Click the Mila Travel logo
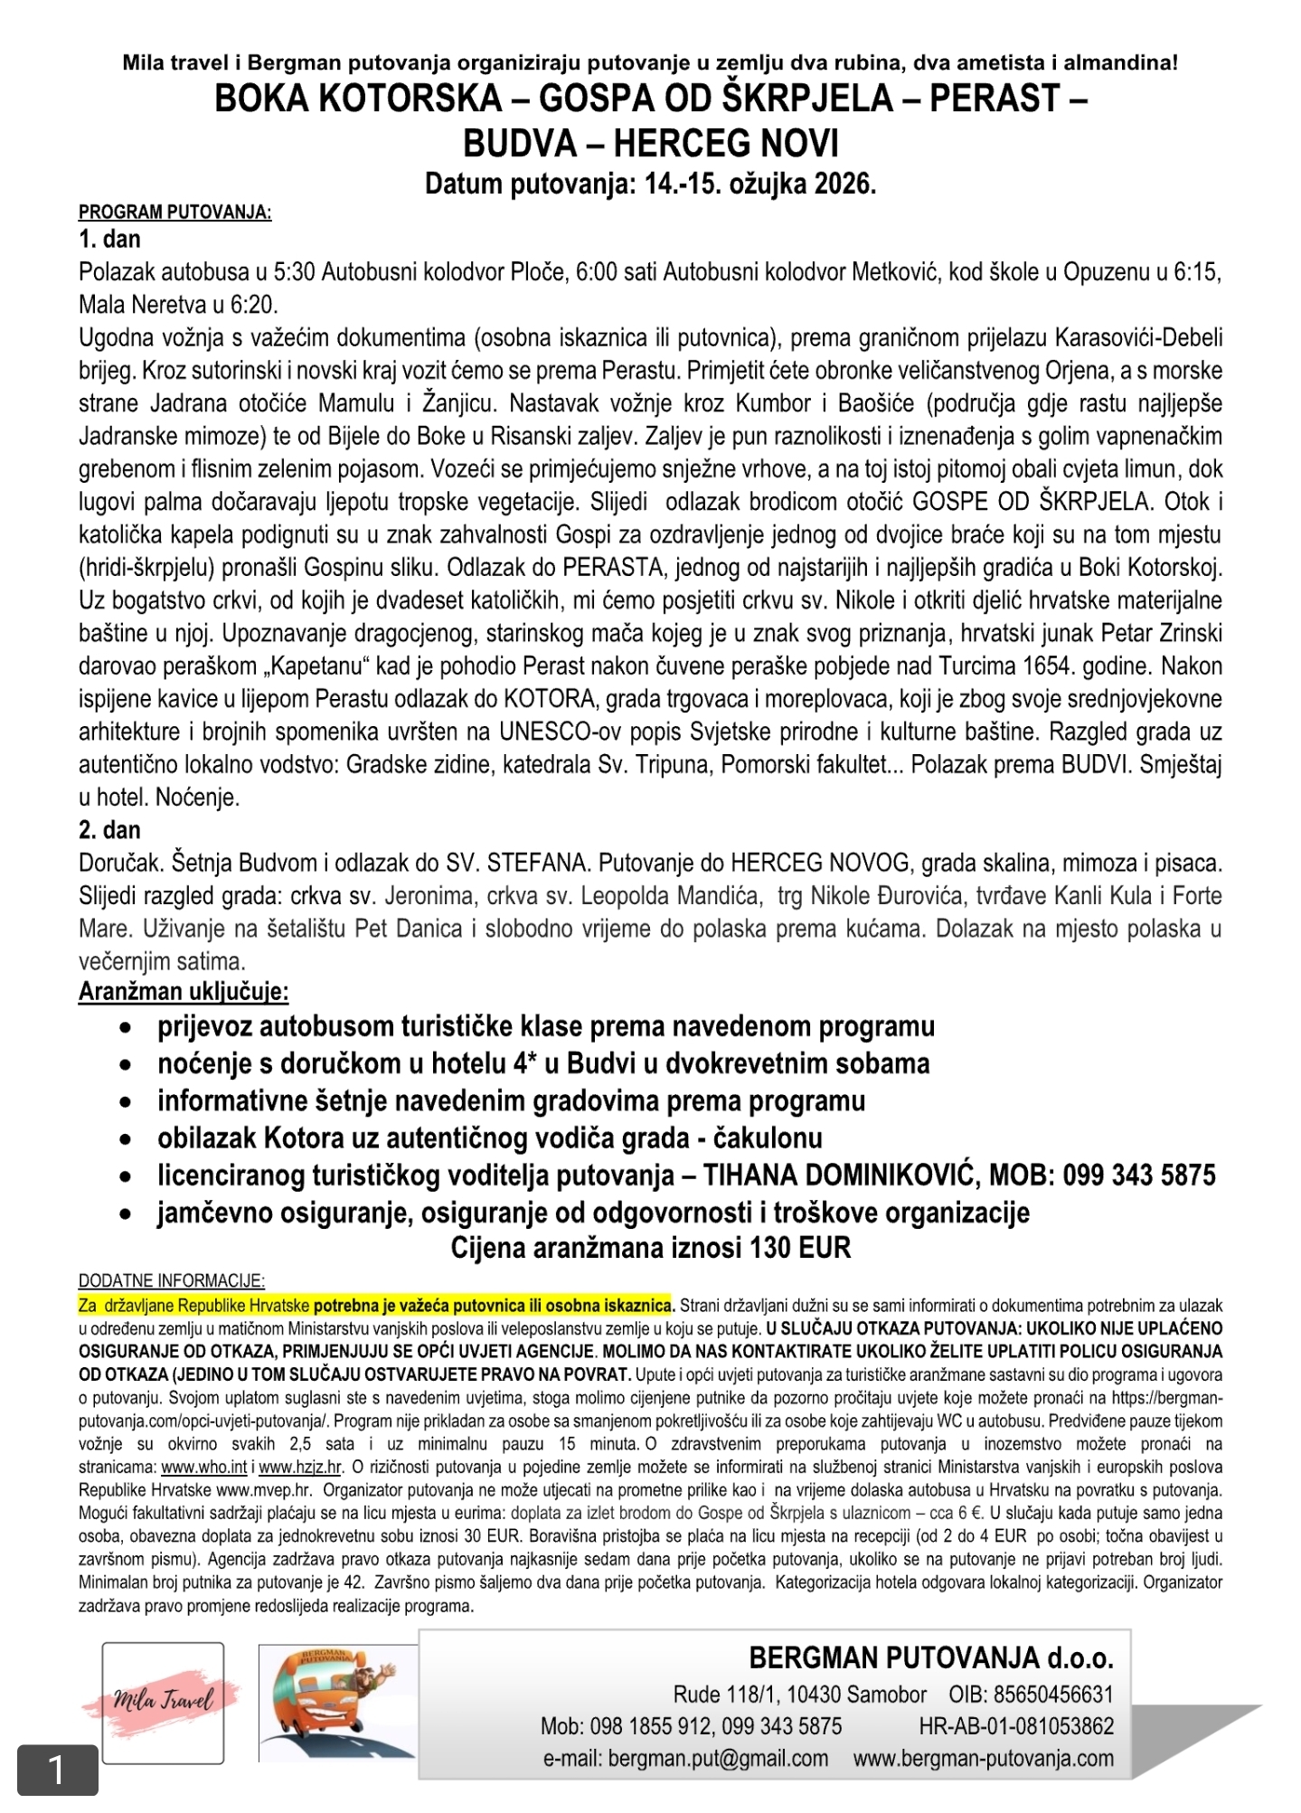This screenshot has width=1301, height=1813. pos(163,1702)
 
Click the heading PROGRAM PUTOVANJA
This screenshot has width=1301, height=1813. pos(174,212)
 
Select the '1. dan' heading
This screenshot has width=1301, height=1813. pos(109,240)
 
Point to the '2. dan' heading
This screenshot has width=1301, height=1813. pos(109,830)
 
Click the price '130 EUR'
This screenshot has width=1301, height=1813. pos(800,1249)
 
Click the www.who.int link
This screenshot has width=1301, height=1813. pos(203,1468)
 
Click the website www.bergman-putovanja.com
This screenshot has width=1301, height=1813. pos(983,1759)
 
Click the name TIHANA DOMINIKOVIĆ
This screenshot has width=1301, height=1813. pos(841,1175)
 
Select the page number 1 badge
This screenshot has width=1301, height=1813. pos(57,1770)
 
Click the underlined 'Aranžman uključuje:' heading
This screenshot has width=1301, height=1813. pos(184,992)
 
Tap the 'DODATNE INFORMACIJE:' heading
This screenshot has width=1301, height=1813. pos(172,1281)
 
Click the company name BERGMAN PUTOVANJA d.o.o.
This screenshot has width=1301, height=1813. pos(930,1657)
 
